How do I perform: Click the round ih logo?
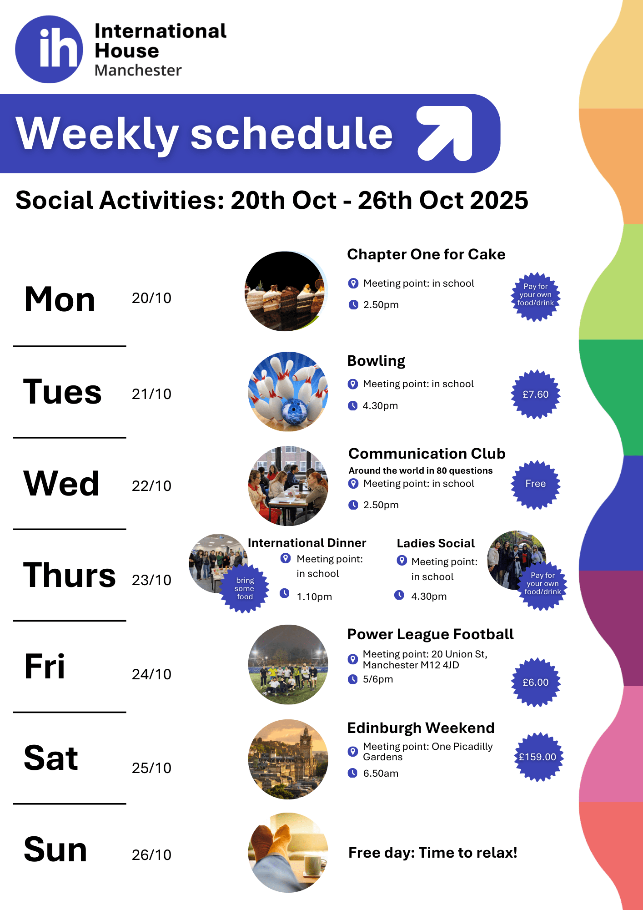click(49, 49)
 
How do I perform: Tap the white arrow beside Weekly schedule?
click(445, 133)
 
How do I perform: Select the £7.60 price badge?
click(536, 394)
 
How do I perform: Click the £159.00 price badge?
click(538, 757)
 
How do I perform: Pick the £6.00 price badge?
click(536, 682)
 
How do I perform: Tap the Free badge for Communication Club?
click(536, 484)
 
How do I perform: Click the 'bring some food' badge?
click(245, 589)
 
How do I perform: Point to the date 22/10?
click(151, 486)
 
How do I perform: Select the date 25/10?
click(151, 768)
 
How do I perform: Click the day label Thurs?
click(70, 575)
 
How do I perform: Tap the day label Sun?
click(55, 849)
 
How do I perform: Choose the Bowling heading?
click(376, 361)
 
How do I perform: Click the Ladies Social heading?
click(436, 543)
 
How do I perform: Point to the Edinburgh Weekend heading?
click(421, 728)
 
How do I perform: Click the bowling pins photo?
click(288, 391)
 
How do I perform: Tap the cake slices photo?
click(286, 291)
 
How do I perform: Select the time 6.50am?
click(381, 773)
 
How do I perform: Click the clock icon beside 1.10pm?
click(285, 593)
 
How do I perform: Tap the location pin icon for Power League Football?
click(352, 659)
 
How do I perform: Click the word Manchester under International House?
click(138, 71)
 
